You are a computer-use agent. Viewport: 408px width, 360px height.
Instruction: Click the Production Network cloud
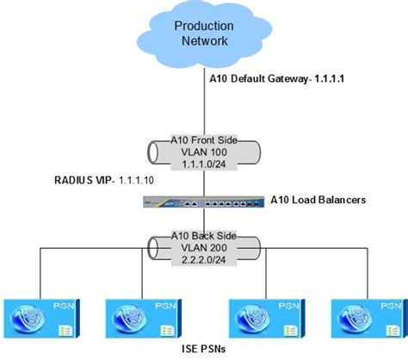(x=204, y=34)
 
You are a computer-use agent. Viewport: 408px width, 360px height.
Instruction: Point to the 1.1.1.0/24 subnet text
(x=204, y=161)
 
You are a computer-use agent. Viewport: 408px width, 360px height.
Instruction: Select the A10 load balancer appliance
(x=204, y=202)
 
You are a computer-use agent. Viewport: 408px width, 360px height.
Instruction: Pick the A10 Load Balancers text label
(x=318, y=200)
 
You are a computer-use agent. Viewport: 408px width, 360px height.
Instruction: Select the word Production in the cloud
(x=204, y=26)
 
